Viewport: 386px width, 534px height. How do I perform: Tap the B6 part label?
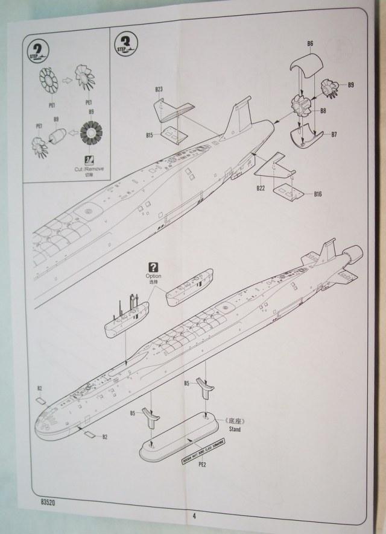coord(310,44)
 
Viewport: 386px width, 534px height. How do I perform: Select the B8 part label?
coord(323,111)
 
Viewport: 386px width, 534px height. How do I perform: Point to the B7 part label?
coord(333,134)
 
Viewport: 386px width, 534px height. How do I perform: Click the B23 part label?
coord(159,89)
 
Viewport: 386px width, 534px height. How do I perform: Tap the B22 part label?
coord(261,188)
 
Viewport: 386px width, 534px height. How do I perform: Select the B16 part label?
coord(318,194)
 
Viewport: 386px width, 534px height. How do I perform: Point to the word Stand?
coord(234,430)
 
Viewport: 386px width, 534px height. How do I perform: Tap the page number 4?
coord(194,515)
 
